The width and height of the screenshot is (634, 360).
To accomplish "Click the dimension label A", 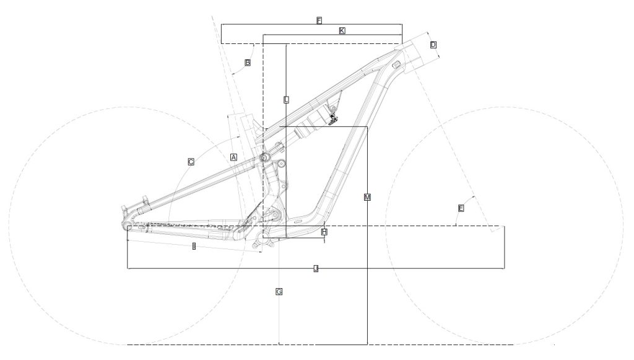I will (233, 157).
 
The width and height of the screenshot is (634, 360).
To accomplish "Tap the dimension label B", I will (248, 63).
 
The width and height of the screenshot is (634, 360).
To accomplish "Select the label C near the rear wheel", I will (191, 162).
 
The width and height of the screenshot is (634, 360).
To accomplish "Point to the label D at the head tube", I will (433, 45).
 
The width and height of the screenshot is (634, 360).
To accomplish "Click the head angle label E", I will (461, 208).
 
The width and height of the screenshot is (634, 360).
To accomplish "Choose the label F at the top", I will (319, 21).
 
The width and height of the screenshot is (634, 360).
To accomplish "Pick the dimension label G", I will (279, 291).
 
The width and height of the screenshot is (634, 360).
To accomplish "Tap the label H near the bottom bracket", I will (324, 231).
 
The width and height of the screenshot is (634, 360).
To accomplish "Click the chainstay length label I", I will (194, 247).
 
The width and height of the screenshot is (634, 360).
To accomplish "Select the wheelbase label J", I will (316, 268).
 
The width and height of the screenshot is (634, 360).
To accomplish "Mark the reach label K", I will (342, 30).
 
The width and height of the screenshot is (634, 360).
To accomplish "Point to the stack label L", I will (286, 99).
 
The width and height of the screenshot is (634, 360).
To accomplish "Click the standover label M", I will (367, 197).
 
